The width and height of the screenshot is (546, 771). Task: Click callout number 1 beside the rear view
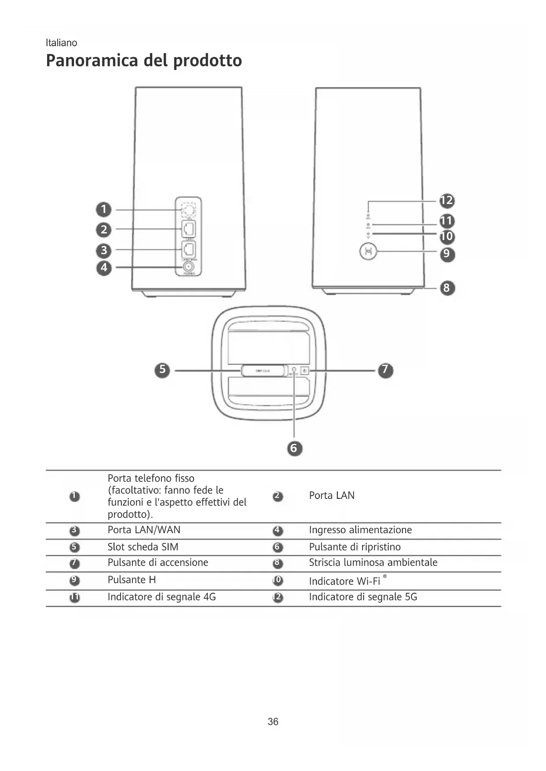point(104,209)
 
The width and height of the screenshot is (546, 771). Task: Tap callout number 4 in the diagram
point(104,267)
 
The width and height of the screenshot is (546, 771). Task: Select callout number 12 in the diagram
point(447,200)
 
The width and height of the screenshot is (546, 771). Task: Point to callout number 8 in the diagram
point(447,288)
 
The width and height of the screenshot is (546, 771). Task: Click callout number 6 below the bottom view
point(294,448)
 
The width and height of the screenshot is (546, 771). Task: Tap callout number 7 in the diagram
point(385,370)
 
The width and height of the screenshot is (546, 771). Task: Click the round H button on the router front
point(368,252)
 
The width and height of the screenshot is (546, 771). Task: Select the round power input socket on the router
point(189,267)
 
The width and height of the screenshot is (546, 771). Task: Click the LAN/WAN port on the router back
point(189,249)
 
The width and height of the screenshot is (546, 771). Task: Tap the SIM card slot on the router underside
point(263,371)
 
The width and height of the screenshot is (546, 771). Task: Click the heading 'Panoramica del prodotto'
point(144,61)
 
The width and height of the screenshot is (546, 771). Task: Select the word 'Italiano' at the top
point(62,43)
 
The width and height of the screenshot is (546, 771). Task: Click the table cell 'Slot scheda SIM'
point(143,547)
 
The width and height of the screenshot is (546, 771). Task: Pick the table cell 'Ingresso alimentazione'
point(360,530)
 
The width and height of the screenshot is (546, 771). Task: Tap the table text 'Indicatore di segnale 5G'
point(363,597)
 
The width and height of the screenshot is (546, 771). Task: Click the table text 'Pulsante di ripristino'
point(355,547)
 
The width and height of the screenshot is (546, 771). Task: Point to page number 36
point(273,721)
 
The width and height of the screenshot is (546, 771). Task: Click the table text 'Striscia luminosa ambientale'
point(373,563)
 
